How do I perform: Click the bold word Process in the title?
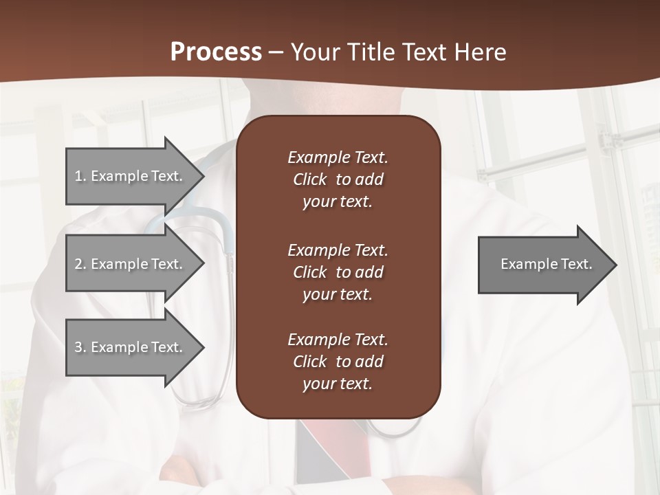pos(216,52)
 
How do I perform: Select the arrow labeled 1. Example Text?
pos(131,176)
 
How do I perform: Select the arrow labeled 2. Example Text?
pos(131,264)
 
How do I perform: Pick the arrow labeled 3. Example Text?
pos(131,347)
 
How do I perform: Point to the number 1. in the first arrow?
pos(80,176)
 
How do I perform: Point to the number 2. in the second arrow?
pos(80,264)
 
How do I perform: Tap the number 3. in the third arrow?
pos(80,347)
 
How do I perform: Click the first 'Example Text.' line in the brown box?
pos(338,157)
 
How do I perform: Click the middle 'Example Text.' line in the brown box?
pos(338,250)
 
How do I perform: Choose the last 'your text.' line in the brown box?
pos(338,384)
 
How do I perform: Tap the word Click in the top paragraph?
pos(309,179)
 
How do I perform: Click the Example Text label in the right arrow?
pos(546,264)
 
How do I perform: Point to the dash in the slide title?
pos(276,52)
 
